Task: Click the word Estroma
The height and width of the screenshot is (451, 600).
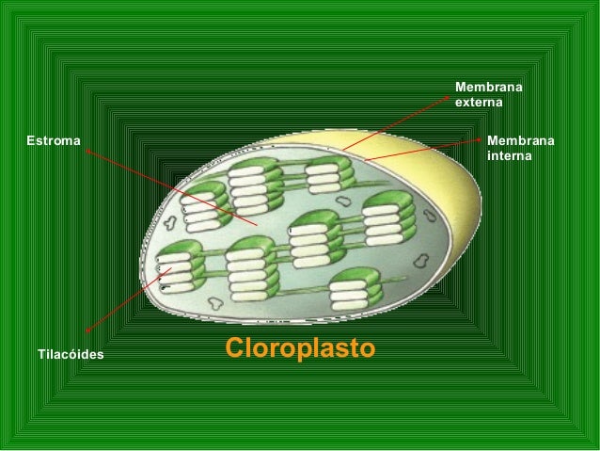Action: tap(54, 141)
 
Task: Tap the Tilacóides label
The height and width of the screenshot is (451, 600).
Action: tap(71, 355)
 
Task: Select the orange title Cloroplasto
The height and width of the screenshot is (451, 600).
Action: tap(299, 348)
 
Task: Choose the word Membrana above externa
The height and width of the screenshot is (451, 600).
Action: tap(489, 88)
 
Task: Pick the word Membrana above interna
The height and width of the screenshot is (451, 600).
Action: tap(521, 140)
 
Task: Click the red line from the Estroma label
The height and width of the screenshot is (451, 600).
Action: tap(169, 185)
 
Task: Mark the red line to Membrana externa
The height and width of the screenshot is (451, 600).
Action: tap(395, 123)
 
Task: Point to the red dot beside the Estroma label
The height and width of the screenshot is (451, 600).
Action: tap(87, 149)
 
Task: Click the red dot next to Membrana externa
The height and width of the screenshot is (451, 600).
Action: tap(449, 97)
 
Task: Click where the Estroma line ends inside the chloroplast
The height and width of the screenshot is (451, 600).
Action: tap(256, 224)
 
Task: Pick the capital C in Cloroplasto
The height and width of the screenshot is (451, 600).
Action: tap(236, 348)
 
